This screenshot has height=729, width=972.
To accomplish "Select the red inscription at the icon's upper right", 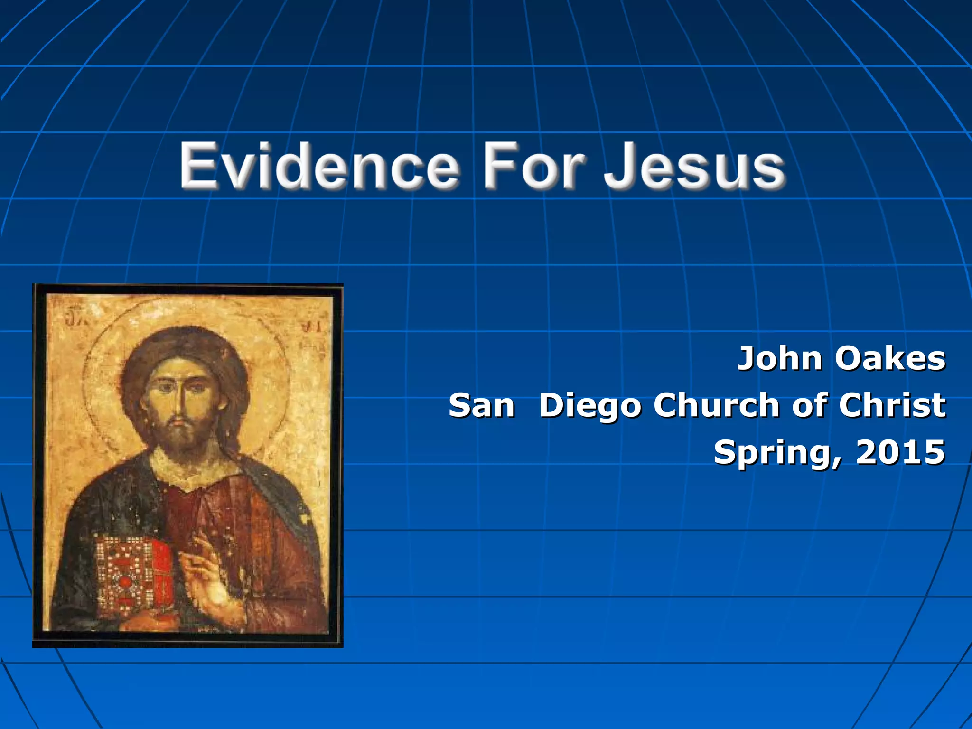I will click(x=311, y=327).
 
